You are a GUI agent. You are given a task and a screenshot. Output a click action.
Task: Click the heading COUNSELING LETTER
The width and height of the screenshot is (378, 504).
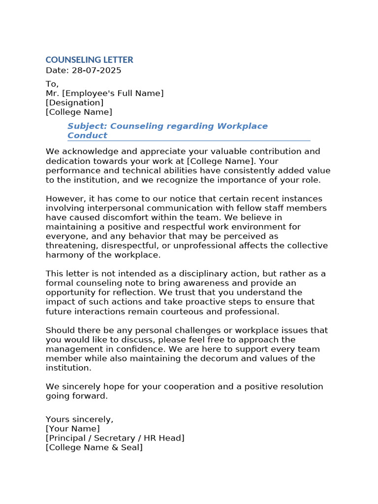(89, 60)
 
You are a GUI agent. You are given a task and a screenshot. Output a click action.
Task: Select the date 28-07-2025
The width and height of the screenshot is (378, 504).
(96, 70)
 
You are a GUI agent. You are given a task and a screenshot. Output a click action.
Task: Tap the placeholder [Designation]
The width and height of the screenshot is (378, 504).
(74, 103)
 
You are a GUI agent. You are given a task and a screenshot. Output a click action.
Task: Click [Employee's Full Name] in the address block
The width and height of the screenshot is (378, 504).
(113, 94)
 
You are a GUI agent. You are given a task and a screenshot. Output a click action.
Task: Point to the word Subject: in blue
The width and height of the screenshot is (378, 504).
(84, 126)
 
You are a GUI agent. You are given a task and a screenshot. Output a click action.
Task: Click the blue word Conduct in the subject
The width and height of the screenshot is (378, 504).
(87, 135)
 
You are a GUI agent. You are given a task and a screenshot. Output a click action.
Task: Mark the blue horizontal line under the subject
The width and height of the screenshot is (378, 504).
(189, 141)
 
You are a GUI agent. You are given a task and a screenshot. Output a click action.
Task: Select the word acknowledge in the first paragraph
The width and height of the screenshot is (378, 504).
(82, 152)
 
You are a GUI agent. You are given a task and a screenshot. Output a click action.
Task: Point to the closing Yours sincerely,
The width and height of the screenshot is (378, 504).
(79, 419)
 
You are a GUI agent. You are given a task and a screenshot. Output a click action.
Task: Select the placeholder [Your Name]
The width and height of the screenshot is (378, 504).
(72, 429)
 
